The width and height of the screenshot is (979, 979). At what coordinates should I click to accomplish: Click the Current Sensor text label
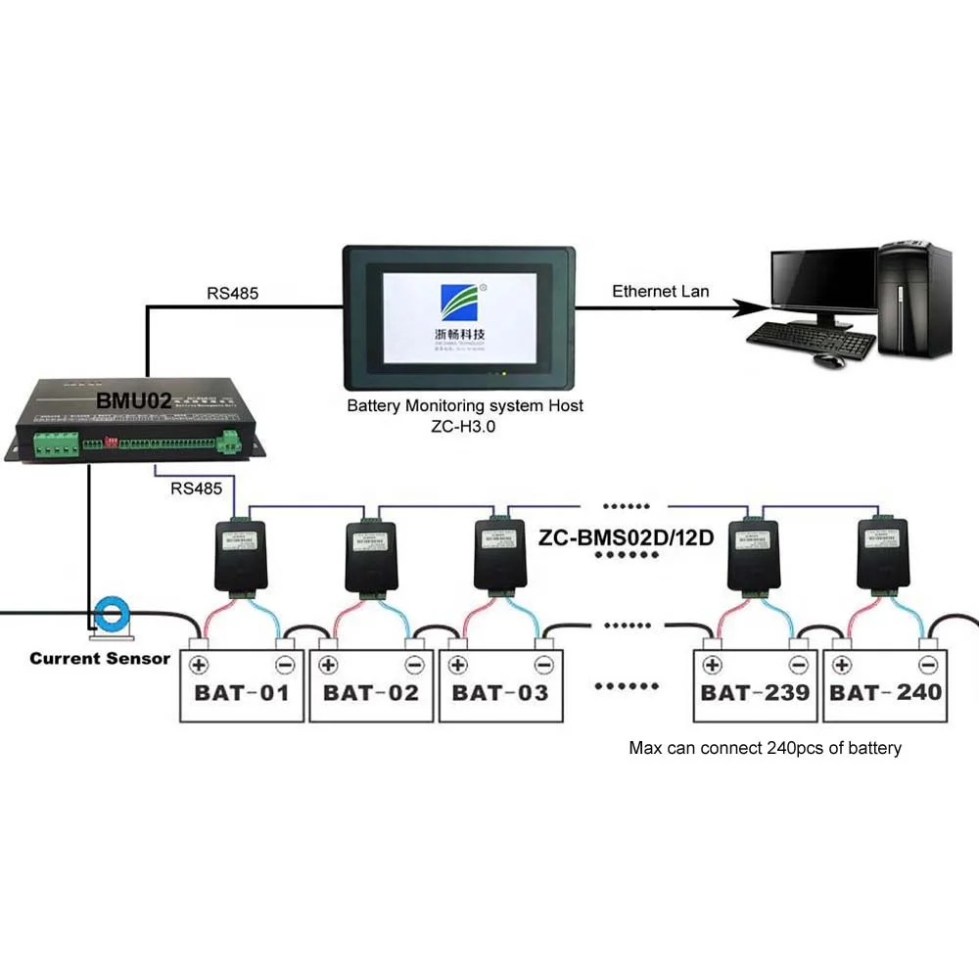100,658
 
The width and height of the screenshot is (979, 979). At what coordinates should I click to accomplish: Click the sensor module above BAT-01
240,554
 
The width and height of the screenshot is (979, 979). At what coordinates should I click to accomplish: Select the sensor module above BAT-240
884,554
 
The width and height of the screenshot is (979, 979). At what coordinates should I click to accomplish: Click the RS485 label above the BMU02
233,292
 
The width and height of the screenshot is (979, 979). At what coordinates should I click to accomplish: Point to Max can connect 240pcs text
765,748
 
